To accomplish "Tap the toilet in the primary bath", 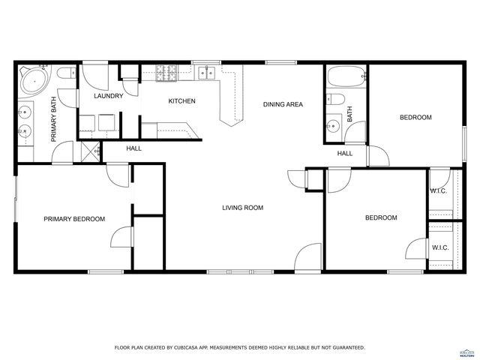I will (64, 73).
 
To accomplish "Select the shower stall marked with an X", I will (90, 151).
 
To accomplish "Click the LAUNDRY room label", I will (108, 96).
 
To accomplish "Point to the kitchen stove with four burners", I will (165, 73).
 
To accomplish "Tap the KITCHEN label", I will (181, 101).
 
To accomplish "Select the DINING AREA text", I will (283, 104).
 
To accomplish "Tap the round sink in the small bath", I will (332, 125).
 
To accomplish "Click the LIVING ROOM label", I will (242, 208).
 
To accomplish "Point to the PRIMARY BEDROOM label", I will (74, 219).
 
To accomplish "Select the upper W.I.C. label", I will (439, 190).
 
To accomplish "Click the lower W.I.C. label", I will (440, 247).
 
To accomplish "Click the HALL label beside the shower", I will (134, 148).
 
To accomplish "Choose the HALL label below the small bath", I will (345, 154).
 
